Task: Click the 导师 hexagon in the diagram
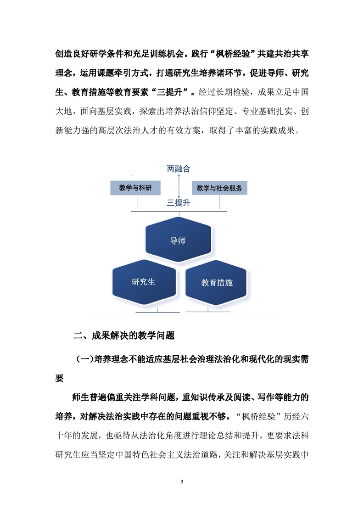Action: pos(179,240)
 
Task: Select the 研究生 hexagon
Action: pos(144,282)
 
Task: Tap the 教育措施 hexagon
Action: pos(216,282)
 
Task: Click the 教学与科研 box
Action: pos(135,188)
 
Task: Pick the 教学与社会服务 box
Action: pos(219,188)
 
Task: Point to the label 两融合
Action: pos(179,169)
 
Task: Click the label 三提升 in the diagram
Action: pos(179,203)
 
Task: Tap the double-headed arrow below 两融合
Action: pos(179,186)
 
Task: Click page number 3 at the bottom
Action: pos(182,482)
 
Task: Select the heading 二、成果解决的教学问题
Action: pos(124,336)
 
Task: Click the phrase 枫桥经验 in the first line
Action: pos(233,54)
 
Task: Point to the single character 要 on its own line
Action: pos(60,378)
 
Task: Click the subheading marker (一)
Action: pos(85,359)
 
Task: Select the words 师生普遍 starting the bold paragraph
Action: pos(89,397)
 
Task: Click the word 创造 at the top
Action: pos(64,54)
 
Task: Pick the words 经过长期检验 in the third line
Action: pos(224,92)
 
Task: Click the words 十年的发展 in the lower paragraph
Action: pos(77,436)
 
